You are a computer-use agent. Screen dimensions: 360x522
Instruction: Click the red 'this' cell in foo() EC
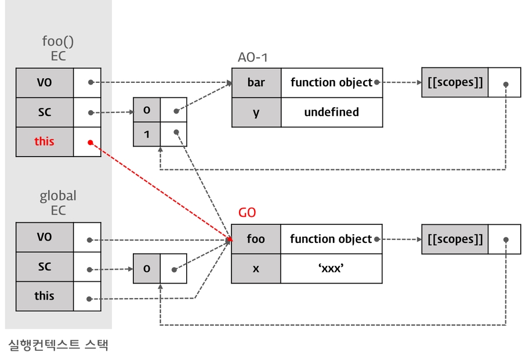click(x=45, y=141)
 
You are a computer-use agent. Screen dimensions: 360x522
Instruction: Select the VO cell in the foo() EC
click(x=45, y=83)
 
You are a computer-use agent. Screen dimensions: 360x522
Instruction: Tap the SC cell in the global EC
click(x=45, y=267)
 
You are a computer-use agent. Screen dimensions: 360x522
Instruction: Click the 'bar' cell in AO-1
click(x=256, y=82)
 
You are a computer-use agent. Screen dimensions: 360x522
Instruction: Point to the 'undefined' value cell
click(x=331, y=112)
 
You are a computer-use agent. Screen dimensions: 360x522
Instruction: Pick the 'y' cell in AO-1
click(x=256, y=112)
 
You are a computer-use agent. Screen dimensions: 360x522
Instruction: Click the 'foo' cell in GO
click(x=256, y=239)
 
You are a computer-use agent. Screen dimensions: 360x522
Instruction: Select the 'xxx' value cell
click(x=331, y=268)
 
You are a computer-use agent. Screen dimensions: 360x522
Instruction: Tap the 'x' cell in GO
click(x=256, y=268)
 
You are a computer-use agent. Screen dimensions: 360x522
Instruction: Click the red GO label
click(x=247, y=213)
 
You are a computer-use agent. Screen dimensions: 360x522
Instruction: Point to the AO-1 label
click(x=253, y=57)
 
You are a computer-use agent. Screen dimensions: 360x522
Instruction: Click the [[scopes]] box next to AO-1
click(x=455, y=82)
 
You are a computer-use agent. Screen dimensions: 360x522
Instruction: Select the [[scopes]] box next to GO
click(x=455, y=239)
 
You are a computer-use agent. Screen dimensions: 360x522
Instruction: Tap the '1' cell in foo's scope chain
click(x=147, y=134)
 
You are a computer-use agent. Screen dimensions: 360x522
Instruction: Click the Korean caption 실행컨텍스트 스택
click(x=58, y=346)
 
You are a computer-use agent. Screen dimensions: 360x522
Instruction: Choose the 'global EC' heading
click(x=58, y=203)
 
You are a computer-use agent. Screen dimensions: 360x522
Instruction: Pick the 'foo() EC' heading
click(x=58, y=49)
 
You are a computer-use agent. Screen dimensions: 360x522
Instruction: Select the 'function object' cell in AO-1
click(x=331, y=82)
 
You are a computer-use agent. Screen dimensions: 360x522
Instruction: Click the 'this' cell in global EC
click(x=45, y=296)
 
